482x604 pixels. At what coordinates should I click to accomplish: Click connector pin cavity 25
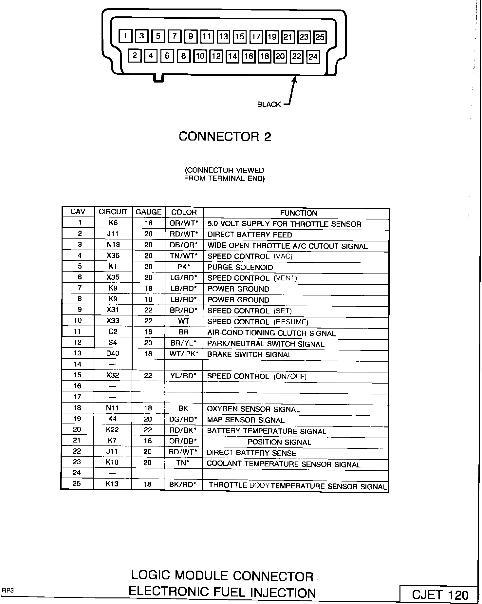click(320, 37)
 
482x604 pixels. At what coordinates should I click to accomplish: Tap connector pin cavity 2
click(134, 55)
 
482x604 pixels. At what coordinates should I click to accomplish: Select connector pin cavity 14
click(232, 56)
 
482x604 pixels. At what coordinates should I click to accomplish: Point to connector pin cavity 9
click(191, 36)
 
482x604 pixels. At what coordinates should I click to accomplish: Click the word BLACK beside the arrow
click(269, 104)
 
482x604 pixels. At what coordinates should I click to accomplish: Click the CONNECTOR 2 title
click(225, 137)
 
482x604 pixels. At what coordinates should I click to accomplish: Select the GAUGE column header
click(148, 212)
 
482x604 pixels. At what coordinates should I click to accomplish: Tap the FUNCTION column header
click(298, 213)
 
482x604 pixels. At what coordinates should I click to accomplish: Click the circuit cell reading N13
click(113, 244)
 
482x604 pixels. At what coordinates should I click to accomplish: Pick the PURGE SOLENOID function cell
click(240, 267)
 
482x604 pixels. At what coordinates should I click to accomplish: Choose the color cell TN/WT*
click(184, 256)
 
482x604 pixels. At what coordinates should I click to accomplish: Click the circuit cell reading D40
click(113, 353)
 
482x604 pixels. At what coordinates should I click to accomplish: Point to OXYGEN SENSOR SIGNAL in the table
click(253, 409)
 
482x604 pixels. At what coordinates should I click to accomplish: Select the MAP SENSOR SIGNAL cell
click(246, 420)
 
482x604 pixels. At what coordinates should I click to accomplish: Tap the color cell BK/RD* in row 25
click(183, 484)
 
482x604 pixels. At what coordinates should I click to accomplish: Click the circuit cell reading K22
click(112, 429)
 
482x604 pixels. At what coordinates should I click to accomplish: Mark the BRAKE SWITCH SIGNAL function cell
click(249, 354)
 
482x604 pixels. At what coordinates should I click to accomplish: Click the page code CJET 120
click(440, 595)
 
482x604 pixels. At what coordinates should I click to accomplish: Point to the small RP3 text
click(8, 590)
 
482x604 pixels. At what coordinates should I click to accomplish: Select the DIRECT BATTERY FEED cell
click(250, 235)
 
